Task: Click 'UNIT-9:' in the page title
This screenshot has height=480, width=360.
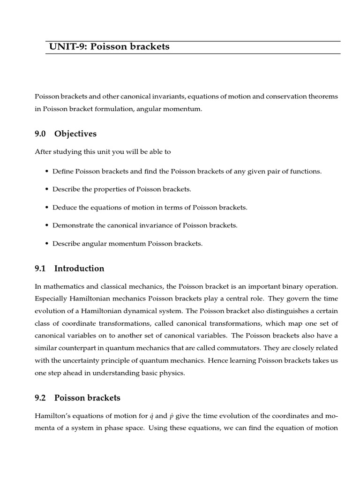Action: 65,47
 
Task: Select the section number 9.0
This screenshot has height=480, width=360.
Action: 40,134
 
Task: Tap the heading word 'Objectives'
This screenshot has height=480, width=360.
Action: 75,134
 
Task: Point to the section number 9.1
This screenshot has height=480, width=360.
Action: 40,269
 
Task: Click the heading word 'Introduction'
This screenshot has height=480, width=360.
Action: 79,269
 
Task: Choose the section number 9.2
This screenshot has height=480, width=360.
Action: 40,398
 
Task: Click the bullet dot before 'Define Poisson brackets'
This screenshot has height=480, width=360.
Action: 47,172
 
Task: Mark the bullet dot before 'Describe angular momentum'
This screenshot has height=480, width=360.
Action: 47,244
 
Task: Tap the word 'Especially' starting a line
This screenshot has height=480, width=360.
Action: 50,299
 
